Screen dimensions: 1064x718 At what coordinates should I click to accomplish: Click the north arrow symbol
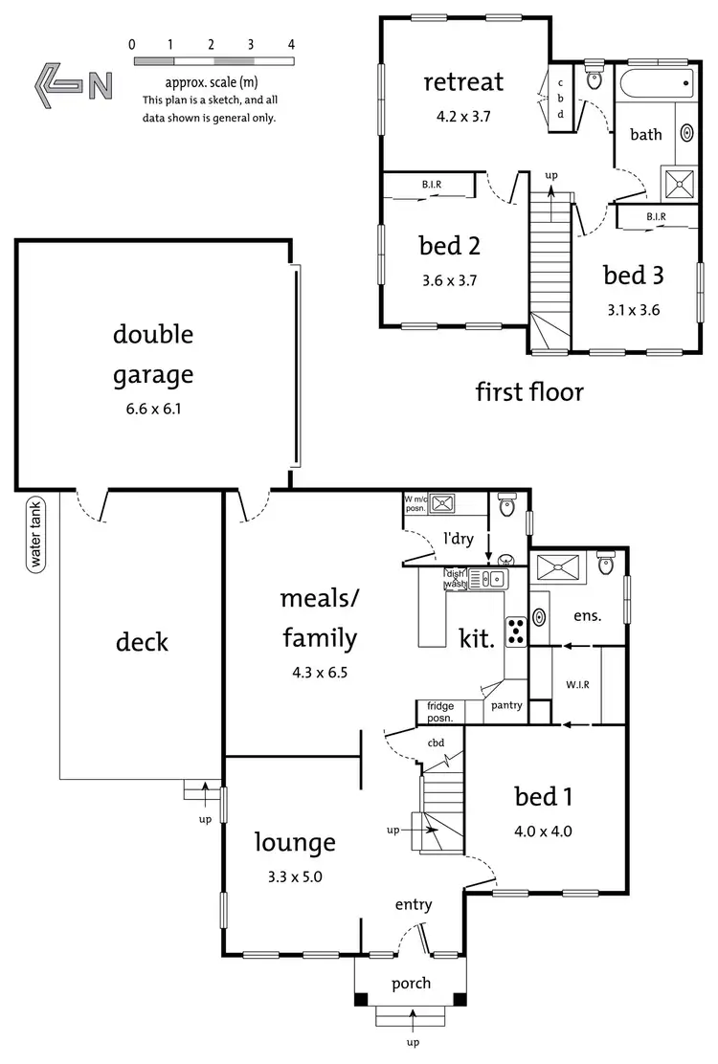click(72, 85)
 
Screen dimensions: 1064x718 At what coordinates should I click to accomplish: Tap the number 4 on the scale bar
click(291, 44)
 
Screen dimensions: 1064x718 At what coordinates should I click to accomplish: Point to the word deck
click(142, 641)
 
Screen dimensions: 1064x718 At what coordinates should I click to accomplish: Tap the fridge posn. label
click(439, 711)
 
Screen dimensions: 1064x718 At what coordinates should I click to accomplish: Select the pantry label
click(506, 705)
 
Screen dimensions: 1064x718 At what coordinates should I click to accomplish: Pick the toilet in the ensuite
click(605, 564)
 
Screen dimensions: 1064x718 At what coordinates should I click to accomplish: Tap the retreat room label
click(462, 81)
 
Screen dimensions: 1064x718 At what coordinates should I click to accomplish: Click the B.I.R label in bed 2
click(430, 185)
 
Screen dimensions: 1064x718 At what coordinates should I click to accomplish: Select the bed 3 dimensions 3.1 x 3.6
click(633, 310)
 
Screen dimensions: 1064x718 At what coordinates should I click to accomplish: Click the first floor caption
click(528, 390)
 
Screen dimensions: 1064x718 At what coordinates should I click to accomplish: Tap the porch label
click(411, 983)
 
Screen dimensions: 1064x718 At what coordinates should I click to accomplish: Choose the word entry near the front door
click(414, 904)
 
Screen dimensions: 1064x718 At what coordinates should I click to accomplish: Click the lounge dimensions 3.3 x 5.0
click(294, 876)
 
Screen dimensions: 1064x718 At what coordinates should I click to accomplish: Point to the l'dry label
click(456, 538)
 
